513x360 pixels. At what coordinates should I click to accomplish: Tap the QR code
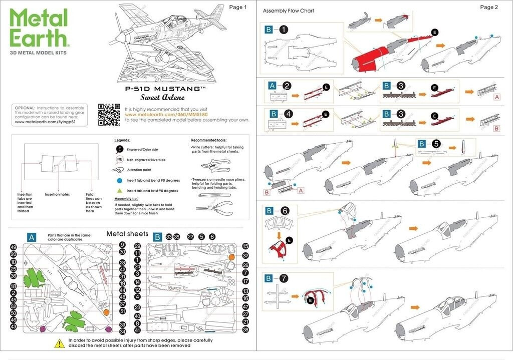(109, 114)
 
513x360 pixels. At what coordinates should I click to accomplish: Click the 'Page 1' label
(237, 7)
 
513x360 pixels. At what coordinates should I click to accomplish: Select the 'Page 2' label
(488, 7)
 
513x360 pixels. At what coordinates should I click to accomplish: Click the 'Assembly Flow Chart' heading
(288, 11)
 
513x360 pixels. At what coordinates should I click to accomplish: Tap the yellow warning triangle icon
(59, 344)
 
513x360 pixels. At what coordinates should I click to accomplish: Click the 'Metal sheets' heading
(127, 234)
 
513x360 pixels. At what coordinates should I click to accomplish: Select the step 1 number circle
(284, 30)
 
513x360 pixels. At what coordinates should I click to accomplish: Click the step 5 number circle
(436, 144)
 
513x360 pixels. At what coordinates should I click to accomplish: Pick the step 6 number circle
(284, 211)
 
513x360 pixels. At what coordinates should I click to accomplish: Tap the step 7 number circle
(284, 278)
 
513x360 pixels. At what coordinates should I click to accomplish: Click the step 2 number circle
(287, 86)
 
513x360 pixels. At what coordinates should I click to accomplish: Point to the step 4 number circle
(288, 114)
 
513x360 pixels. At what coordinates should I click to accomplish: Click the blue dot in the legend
(120, 180)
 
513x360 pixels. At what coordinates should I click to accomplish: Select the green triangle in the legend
(120, 191)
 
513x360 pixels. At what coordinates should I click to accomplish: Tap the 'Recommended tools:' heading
(208, 140)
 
